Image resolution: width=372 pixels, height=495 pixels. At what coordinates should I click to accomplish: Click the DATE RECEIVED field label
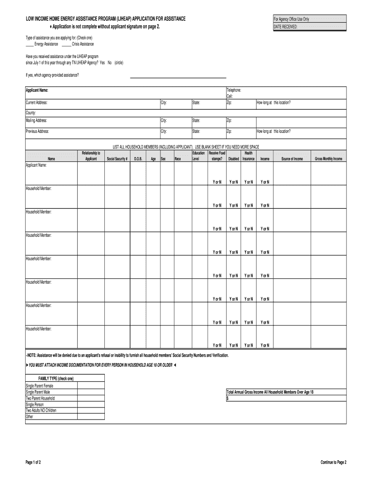[x=286, y=27]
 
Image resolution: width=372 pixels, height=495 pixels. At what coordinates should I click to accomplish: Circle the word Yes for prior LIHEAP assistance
[x=102, y=63]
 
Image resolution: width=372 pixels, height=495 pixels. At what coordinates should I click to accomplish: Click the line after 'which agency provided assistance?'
[x=178, y=76]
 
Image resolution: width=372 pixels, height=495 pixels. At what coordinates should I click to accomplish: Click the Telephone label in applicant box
[x=234, y=90]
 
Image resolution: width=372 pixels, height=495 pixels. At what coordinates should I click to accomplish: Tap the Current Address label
[x=37, y=103]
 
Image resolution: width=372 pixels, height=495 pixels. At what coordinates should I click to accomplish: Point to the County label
[x=31, y=112]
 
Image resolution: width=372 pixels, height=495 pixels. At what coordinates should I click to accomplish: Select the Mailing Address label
[x=36, y=120]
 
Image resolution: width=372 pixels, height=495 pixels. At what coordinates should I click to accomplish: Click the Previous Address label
[x=37, y=131]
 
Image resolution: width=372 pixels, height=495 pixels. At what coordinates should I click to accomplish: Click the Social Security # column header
[x=117, y=159]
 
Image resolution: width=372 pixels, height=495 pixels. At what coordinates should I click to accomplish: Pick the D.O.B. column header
[x=138, y=159]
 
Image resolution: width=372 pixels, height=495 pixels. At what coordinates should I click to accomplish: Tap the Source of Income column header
[x=292, y=159]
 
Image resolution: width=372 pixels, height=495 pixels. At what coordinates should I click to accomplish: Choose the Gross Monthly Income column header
[x=329, y=159]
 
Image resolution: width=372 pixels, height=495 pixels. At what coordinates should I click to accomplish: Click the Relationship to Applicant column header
[x=91, y=156]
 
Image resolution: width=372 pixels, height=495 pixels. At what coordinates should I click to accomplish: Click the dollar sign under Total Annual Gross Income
[x=228, y=398]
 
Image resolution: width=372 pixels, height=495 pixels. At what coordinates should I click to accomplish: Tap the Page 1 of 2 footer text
[x=33, y=462]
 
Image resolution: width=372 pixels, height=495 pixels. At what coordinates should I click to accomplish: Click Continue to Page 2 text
[x=333, y=462]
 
